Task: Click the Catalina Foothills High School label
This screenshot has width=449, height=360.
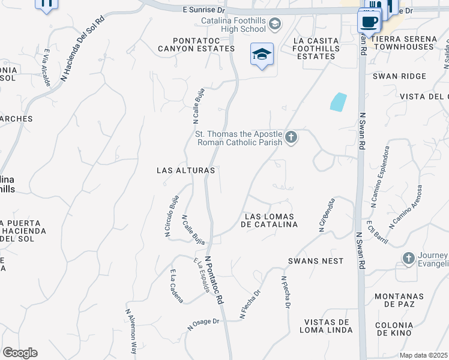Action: tap(233, 24)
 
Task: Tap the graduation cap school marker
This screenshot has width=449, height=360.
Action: tap(262, 55)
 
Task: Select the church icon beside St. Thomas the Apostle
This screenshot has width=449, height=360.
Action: tap(291, 138)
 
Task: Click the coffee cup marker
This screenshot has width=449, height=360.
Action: tap(369, 22)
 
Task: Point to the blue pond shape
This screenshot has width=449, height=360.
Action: tap(339, 101)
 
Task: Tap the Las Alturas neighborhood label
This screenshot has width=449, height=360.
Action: tap(185, 170)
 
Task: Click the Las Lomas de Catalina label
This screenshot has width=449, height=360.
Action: tap(269, 220)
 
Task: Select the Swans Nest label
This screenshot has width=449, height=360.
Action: tap(316, 261)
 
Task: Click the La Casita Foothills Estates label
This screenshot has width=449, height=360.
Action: tap(316, 49)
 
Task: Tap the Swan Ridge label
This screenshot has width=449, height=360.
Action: tap(399, 76)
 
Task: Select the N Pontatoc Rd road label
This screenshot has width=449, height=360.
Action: tap(215, 280)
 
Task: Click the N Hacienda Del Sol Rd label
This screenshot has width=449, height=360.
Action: tap(82, 49)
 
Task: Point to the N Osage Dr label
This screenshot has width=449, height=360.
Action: tap(203, 325)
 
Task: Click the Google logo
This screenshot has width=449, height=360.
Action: tap(20, 353)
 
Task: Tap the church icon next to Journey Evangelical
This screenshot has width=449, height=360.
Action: tap(409, 258)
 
